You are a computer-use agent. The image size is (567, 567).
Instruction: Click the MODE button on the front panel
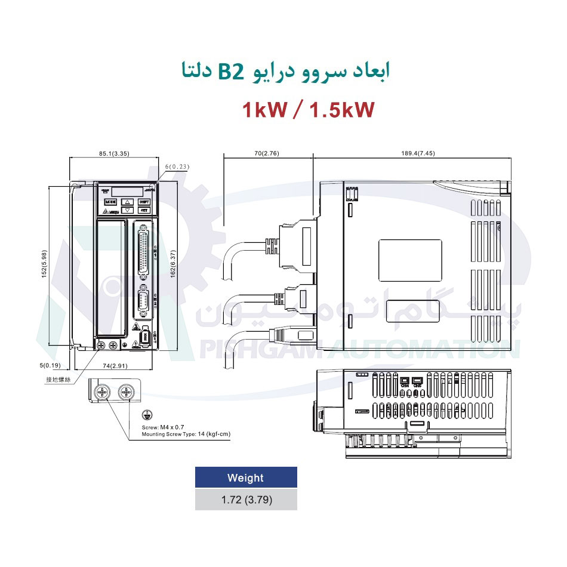pyautogui.click(x=110, y=202)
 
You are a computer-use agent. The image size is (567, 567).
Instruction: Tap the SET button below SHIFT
pyautogui.click(x=144, y=210)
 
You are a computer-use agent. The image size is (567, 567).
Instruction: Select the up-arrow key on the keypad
pyautogui.click(x=127, y=202)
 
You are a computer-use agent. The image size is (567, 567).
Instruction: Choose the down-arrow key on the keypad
pyautogui.click(x=127, y=210)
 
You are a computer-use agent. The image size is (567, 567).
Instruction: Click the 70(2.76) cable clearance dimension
pyautogui.click(x=266, y=153)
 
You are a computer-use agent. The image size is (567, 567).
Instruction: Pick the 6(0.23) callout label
pyautogui.click(x=176, y=167)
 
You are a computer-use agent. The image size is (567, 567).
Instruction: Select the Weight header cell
pyautogui.click(x=245, y=477)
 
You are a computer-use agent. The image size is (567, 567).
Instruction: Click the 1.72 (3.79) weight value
pyautogui.click(x=245, y=500)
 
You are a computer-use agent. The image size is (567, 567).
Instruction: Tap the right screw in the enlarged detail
pyautogui.click(x=125, y=392)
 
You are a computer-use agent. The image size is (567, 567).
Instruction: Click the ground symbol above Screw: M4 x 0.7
pyautogui.click(x=146, y=416)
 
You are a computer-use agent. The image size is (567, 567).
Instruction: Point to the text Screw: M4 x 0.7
pyautogui.click(x=161, y=428)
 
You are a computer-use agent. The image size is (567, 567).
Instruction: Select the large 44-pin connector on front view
pyautogui.click(x=144, y=251)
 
